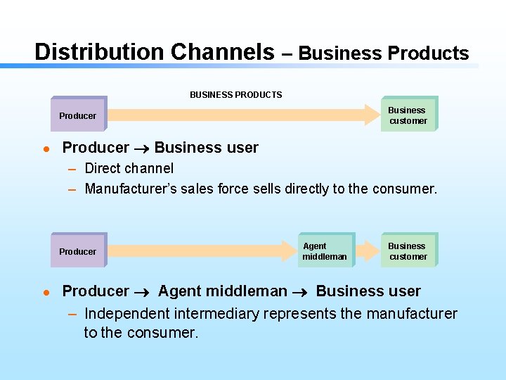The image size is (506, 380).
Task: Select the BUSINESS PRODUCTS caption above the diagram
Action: click(235, 94)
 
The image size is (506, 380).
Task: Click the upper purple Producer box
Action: click(78, 115)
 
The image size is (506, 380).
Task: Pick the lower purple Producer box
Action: click(78, 251)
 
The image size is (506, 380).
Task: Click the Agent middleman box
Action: click(325, 251)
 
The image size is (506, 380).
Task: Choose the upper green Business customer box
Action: click(408, 115)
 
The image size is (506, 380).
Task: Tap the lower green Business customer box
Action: click(408, 251)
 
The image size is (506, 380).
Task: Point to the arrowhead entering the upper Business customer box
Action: click(373, 115)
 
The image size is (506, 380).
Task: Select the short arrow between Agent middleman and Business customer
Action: click(368, 251)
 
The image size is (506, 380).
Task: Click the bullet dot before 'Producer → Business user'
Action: click(45, 148)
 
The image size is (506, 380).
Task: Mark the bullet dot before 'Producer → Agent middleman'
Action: click(45, 292)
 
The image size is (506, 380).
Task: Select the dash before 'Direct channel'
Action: click(72, 169)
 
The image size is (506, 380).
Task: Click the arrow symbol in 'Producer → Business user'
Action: click(141, 148)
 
